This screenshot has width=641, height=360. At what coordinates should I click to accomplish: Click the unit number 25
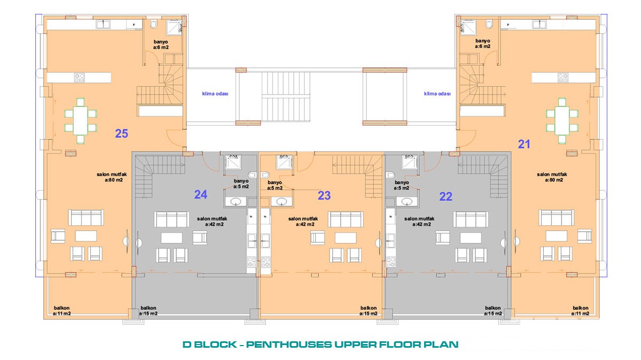pos(121,134)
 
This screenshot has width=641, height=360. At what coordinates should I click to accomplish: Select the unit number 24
pos(201,195)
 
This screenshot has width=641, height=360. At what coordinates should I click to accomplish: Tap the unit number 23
pos(324,195)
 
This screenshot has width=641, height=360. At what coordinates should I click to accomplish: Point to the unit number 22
pos(445,197)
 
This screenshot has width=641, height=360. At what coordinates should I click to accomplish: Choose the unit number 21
pos(524,144)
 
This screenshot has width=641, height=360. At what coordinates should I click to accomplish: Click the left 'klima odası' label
pos(215,93)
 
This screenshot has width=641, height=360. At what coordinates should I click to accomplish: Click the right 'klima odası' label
pos(437,93)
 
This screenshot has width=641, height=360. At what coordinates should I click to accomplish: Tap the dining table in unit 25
pos(81,121)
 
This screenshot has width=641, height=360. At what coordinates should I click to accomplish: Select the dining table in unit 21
pos(562,121)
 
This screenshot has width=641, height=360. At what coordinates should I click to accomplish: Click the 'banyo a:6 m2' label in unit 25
pos(161,45)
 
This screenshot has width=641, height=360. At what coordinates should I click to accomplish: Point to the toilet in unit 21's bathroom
pos(489,24)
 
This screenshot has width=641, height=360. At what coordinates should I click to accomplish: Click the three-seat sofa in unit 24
pos(171,219)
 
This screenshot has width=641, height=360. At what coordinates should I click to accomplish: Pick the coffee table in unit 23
pos(346,238)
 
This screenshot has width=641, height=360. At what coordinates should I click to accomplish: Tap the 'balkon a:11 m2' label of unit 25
pos(62,311)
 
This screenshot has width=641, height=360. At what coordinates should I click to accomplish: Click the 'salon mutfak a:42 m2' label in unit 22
pos(419,222)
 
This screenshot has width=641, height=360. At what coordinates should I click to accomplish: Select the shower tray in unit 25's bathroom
pos(174,27)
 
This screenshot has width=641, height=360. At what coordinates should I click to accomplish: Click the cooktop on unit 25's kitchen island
pos(80,77)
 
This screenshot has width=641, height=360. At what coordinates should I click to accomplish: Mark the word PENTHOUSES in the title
pos(289,345)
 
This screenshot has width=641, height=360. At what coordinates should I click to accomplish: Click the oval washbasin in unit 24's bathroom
pos(236,201)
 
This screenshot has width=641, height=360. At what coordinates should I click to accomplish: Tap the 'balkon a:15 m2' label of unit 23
pos(368,311)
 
